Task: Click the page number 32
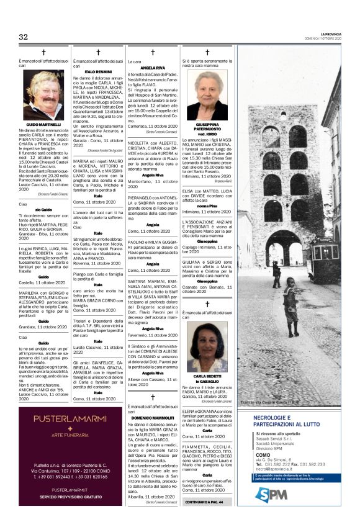point(24,37)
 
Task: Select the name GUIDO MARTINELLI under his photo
point(43,125)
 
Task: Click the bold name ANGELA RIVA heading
point(153,67)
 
